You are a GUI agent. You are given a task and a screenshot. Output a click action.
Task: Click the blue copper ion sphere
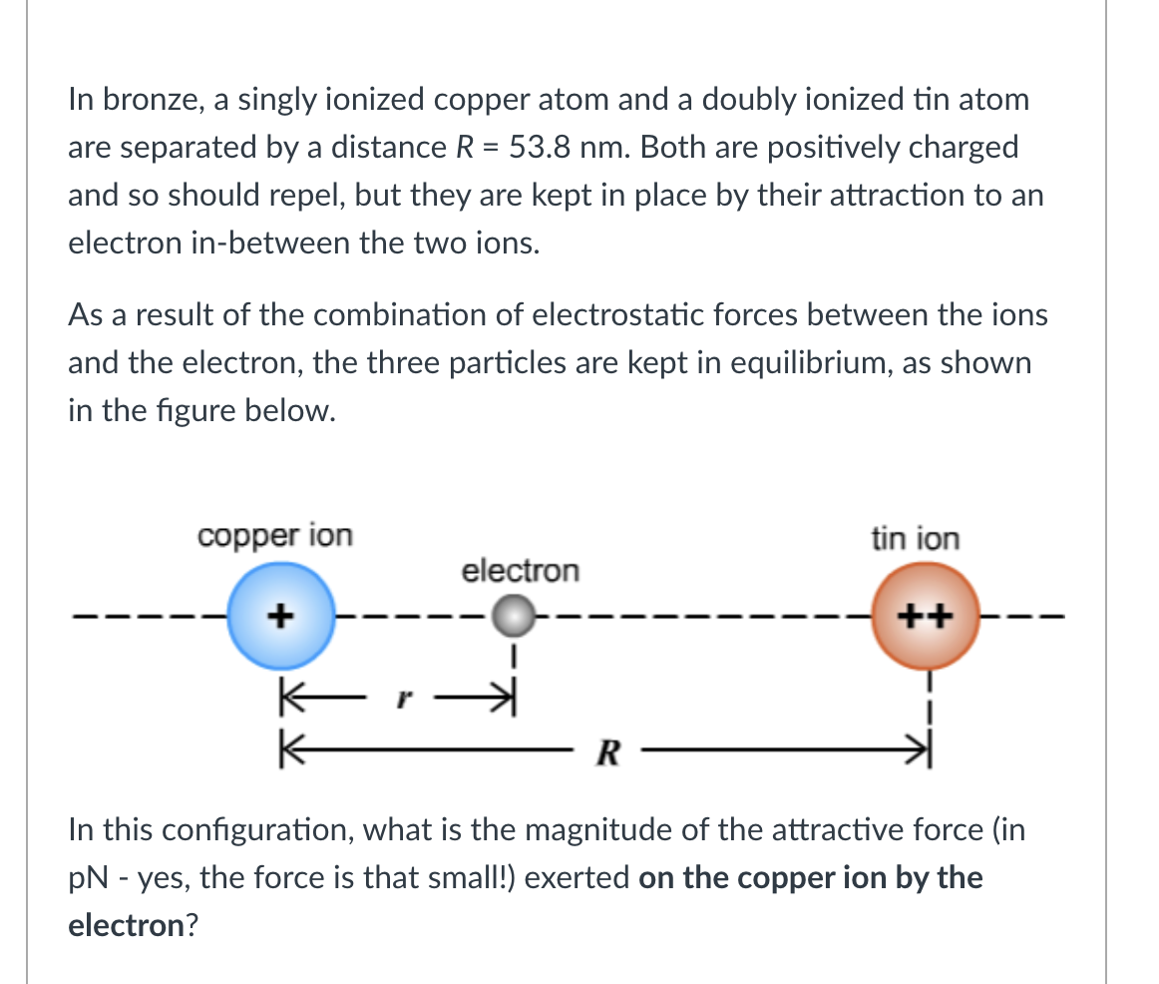[279, 616]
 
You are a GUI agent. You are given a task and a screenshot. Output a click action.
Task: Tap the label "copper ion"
[274, 536]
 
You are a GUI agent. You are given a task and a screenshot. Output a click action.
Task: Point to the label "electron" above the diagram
[519, 571]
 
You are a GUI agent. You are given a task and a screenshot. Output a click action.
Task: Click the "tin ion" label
[915, 539]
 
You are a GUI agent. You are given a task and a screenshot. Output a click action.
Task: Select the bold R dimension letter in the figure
[604, 750]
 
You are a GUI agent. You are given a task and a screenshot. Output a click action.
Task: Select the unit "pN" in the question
[89, 878]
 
